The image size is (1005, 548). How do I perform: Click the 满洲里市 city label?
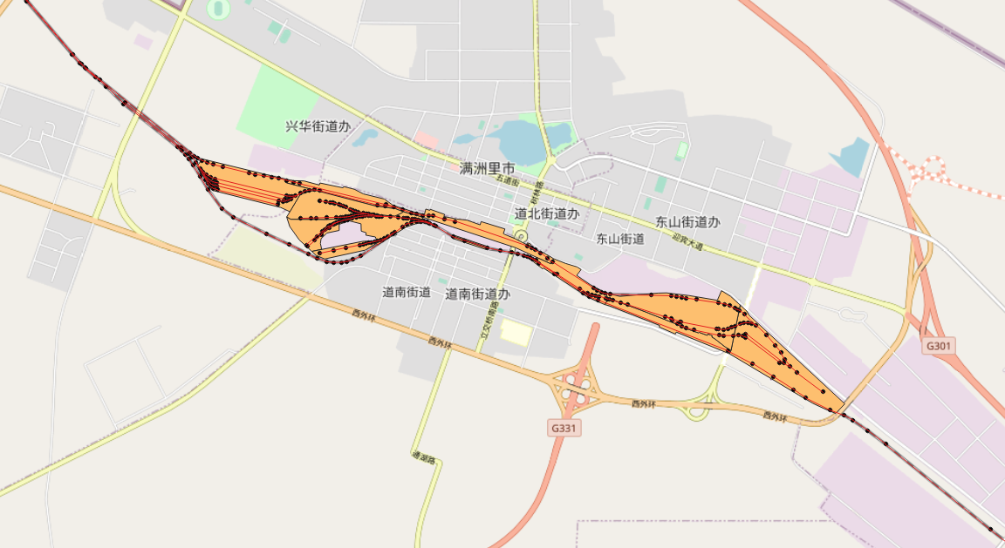[488, 168]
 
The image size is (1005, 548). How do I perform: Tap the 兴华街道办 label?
[318, 126]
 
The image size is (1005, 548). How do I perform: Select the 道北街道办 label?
[546, 213]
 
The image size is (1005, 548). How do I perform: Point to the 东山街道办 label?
[688, 222]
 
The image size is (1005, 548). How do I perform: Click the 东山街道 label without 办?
[620, 238]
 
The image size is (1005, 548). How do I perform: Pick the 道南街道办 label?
[477, 294]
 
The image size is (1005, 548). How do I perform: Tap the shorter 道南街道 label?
[407, 292]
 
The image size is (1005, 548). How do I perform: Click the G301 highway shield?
[938, 346]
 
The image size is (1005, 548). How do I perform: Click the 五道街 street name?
[508, 181]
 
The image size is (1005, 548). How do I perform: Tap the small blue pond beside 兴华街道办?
[365, 137]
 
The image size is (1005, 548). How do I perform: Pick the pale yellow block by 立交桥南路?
[515, 332]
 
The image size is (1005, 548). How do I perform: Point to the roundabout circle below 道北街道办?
[522, 236]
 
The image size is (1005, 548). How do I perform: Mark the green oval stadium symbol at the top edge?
[218, 10]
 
